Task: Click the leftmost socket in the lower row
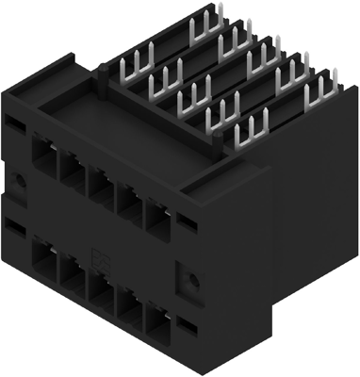pos(44,255)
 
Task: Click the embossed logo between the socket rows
pos(105,253)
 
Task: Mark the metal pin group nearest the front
pos(243,133)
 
